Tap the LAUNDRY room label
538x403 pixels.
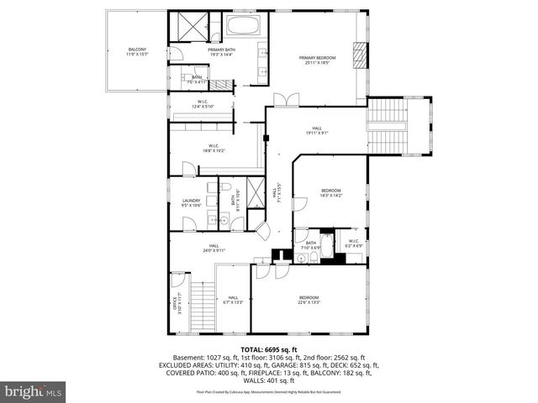[x=192, y=202]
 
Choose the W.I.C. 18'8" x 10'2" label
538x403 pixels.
[x=214, y=149]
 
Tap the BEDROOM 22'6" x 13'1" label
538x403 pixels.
[x=309, y=300]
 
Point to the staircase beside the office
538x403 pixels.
[x=202, y=297]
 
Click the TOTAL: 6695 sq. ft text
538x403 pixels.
[x=269, y=349]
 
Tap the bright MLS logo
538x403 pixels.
[x=32, y=391]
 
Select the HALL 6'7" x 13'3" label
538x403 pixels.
[x=233, y=300]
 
